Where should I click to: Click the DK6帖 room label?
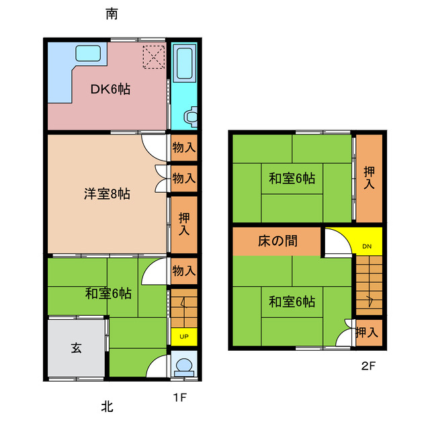click(110, 89)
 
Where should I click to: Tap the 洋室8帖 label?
click(107, 194)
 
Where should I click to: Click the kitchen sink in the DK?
click(87, 53)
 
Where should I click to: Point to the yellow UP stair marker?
click(183, 337)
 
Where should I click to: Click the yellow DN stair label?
click(366, 246)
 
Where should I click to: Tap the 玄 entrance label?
click(77, 348)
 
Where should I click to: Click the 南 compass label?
click(114, 14)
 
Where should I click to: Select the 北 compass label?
click(107, 406)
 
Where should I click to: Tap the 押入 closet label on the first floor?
click(183, 223)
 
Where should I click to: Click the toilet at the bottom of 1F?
click(183, 366)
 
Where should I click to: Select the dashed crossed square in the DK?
click(153, 56)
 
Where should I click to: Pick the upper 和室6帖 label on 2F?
click(292, 178)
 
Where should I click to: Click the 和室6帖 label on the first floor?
click(108, 293)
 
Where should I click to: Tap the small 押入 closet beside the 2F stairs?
click(367, 332)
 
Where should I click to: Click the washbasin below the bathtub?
click(190, 116)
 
